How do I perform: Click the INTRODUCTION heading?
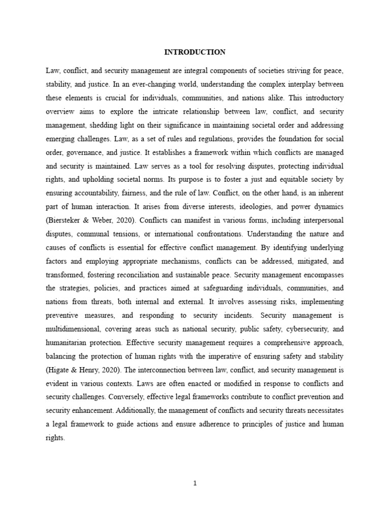click(x=195, y=52)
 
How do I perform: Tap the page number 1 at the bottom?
click(x=195, y=483)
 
